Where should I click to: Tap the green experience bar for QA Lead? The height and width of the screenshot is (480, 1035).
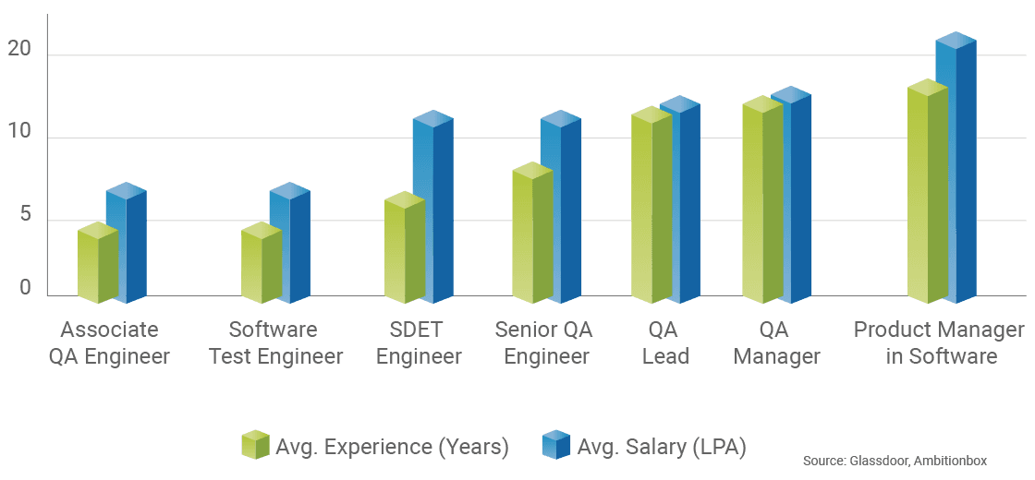(x=651, y=209)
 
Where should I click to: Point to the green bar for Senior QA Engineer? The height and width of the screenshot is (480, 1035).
(x=531, y=236)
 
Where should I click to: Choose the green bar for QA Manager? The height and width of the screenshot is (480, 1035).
(x=762, y=203)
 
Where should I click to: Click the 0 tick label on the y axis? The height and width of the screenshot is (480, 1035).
(x=26, y=288)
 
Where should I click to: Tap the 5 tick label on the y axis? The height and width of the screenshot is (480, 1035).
(x=26, y=214)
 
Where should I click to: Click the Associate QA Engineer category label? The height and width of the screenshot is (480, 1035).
(x=109, y=343)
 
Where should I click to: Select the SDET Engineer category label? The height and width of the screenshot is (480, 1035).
(x=418, y=343)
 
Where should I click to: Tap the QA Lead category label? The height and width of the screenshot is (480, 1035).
(x=665, y=343)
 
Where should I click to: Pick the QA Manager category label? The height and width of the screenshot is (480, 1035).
(x=776, y=343)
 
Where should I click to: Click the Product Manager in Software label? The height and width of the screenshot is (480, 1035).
(x=940, y=343)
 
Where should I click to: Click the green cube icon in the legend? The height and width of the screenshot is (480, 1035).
(x=254, y=445)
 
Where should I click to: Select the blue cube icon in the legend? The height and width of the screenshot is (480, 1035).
(x=556, y=445)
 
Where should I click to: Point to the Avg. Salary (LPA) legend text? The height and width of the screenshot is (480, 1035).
(x=662, y=447)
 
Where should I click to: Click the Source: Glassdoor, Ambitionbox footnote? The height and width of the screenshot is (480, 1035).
(x=894, y=460)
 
